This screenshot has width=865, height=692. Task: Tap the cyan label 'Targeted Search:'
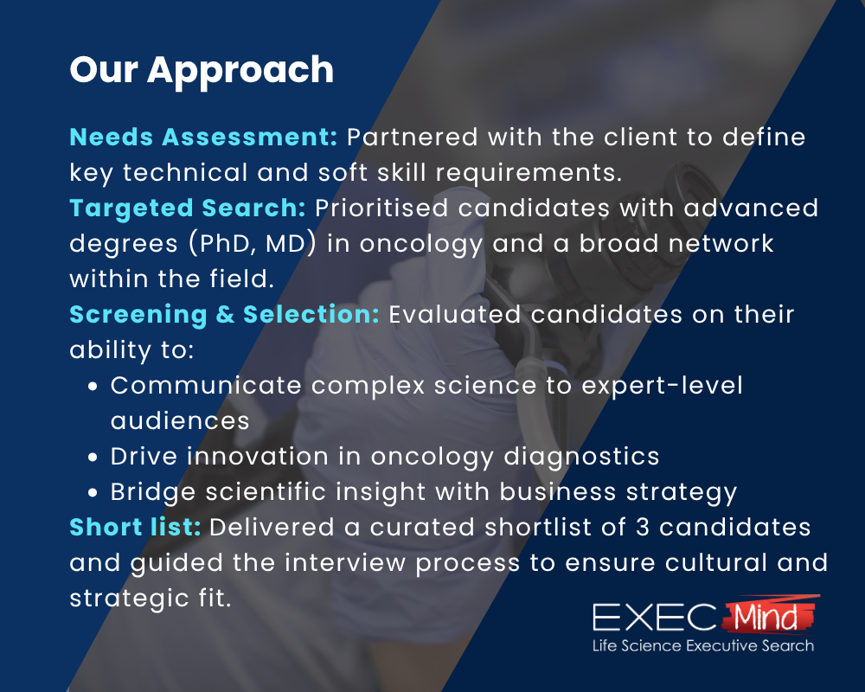188,208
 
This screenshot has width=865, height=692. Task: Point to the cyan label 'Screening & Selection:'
224,314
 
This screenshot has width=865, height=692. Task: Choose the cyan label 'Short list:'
135,527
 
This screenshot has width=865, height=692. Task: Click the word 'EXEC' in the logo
654,618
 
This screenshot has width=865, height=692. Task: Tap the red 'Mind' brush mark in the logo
768,615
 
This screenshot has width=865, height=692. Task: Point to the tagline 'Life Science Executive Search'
702,646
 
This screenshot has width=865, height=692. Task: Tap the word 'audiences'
180,420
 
